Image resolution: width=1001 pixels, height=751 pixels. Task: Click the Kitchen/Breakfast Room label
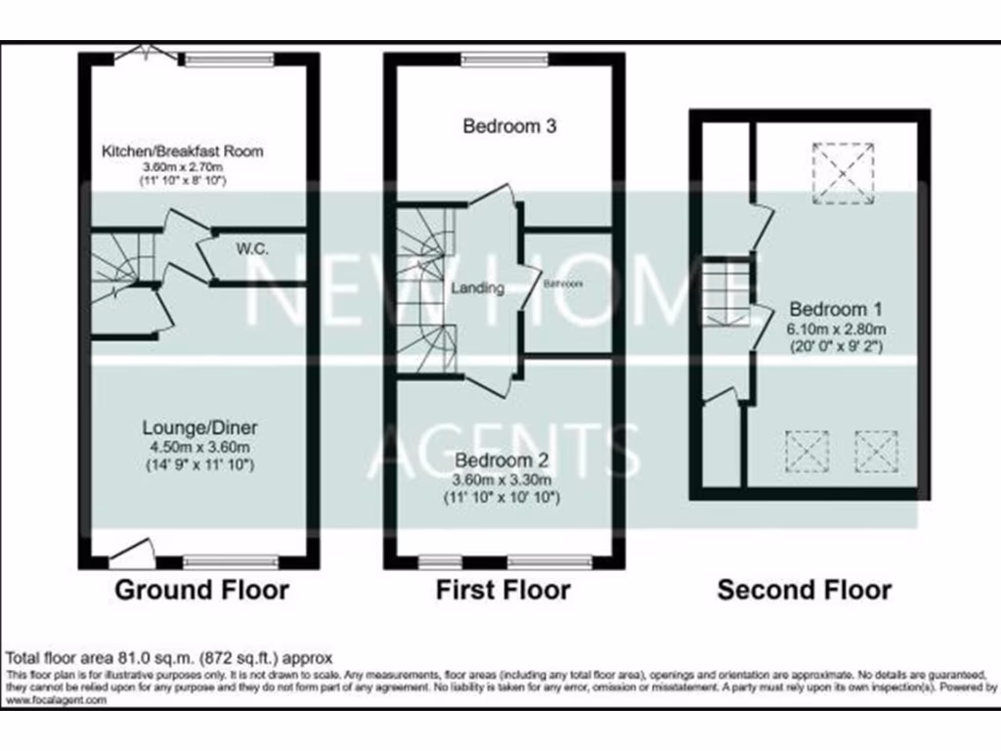coord(184,152)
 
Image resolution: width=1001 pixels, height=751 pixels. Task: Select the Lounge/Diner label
coord(199,428)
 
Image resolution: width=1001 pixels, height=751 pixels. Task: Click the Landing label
coord(478,288)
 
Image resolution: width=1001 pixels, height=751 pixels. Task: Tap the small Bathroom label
coord(563,284)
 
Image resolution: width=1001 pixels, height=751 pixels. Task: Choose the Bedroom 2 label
coord(502,461)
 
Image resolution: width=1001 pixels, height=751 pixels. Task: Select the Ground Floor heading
coord(201,590)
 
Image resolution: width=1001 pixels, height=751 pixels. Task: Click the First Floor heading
coord(502,590)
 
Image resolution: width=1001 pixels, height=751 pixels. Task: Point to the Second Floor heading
coord(804,590)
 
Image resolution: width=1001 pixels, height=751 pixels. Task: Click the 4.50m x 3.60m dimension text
coord(199,448)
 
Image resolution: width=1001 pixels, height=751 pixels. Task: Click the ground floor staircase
coord(115,262)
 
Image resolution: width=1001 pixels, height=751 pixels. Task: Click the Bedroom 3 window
coord(505,60)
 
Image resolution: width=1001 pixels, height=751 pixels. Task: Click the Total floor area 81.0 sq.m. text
coord(170,657)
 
